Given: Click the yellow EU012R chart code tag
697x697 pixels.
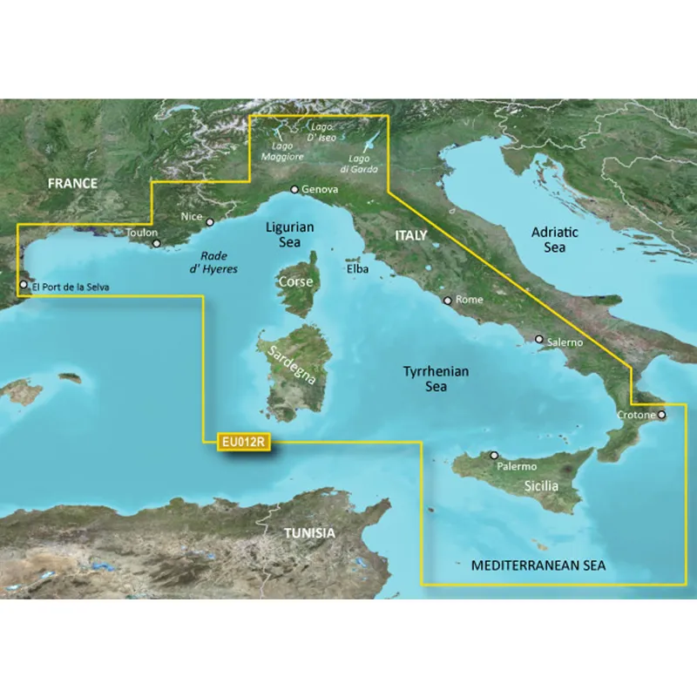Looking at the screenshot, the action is coord(241,443).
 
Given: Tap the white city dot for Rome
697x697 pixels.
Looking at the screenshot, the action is coord(448,301).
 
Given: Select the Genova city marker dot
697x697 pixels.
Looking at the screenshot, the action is coord(294,189).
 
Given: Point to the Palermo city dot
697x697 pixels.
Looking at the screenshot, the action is coord(493,455).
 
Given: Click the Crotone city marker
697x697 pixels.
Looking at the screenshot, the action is coord(660,415).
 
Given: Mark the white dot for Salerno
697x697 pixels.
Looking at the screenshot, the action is coord(539,339).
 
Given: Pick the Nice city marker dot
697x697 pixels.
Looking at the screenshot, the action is coord(210,222).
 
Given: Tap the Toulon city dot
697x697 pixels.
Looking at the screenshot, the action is coord(157,244).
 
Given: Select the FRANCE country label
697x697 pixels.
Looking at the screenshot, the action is coord(73,183).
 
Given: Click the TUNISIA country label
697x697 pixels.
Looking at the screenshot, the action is coord(309,533).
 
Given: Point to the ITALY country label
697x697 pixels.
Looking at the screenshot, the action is coord(411,235).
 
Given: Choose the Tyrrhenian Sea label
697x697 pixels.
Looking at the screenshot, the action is coord(436,378).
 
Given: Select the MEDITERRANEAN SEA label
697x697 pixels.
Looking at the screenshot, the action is coord(538,566).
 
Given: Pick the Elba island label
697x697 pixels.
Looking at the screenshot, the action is coord(357,269).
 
